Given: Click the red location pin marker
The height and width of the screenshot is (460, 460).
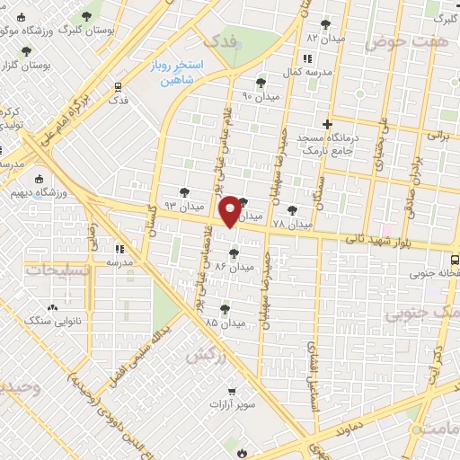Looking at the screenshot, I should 231,210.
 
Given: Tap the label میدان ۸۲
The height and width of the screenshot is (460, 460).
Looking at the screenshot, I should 325,39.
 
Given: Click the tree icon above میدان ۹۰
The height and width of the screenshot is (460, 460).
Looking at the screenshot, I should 261,82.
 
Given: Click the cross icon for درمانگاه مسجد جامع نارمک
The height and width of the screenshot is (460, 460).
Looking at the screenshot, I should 327,124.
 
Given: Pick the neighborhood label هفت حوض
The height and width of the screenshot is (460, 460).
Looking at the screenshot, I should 393,41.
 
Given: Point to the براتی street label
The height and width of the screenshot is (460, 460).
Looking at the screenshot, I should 438,135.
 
